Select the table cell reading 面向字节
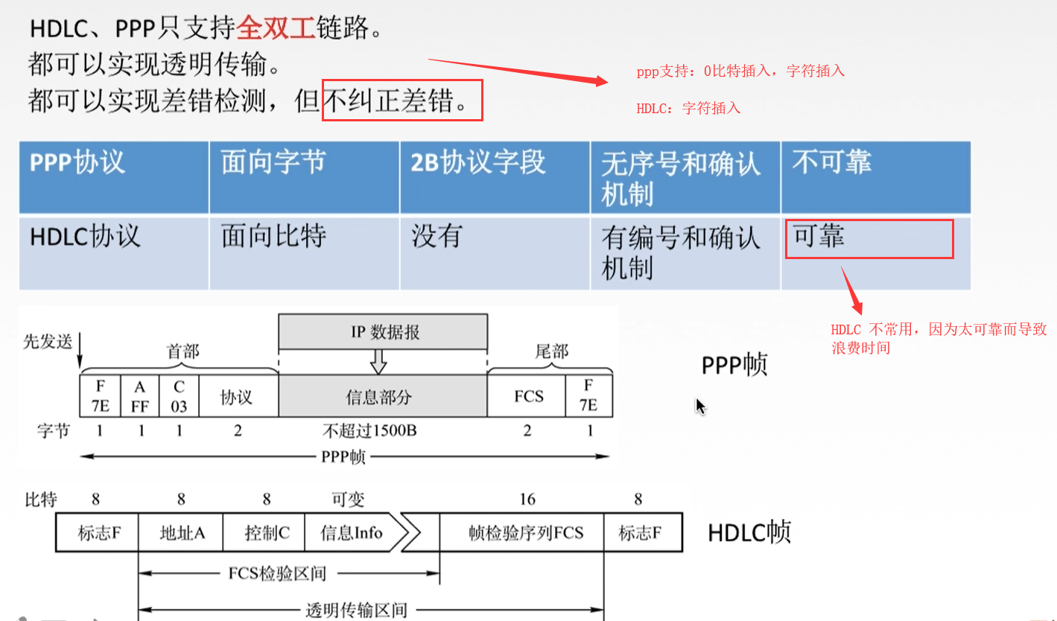coord(273,163)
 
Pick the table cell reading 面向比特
coord(273,237)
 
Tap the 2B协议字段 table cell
coord(478,163)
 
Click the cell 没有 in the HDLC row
coord(437,237)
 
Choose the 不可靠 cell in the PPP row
coord(831,163)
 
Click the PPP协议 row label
coord(77,163)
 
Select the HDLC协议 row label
coord(85,237)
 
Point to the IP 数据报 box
coord(384,332)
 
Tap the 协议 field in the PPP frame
coord(237,396)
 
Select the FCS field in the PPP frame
coord(528,396)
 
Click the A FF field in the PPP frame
coord(140,396)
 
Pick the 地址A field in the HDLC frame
coord(182,532)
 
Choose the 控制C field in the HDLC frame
coord(266,532)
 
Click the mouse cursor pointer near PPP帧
coord(699,405)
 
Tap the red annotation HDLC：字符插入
coord(688,108)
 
